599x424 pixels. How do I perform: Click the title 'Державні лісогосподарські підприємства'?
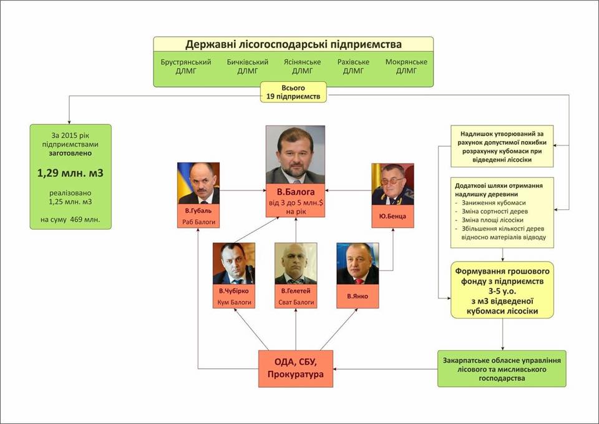click(293, 44)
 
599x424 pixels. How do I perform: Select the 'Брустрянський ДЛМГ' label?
click(186, 66)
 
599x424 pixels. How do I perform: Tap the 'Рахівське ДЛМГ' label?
click(353, 66)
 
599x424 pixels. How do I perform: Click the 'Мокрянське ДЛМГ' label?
click(406, 66)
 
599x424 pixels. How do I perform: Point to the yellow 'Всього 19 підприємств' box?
click(293, 92)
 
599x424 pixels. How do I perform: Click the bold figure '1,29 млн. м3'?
click(71, 173)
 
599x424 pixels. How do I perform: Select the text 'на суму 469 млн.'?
click(71, 219)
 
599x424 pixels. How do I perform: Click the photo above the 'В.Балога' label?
click(295, 154)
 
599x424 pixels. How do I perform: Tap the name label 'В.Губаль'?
click(198, 210)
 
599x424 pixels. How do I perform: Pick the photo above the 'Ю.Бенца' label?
click(392, 184)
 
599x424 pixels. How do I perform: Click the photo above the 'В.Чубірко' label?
click(234, 264)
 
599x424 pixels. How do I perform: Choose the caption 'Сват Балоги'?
click(296, 302)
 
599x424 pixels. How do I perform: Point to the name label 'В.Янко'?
click(358, 296)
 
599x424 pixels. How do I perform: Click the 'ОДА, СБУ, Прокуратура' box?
click(296, 368)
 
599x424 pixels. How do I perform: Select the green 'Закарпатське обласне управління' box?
click(502, 369)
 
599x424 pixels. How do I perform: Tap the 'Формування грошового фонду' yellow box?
click(502, 290)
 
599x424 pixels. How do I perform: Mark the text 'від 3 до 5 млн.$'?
click(296, 202)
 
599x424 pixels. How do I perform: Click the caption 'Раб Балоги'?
click(198, 222)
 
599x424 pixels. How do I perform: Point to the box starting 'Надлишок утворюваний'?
click(502, 146)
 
